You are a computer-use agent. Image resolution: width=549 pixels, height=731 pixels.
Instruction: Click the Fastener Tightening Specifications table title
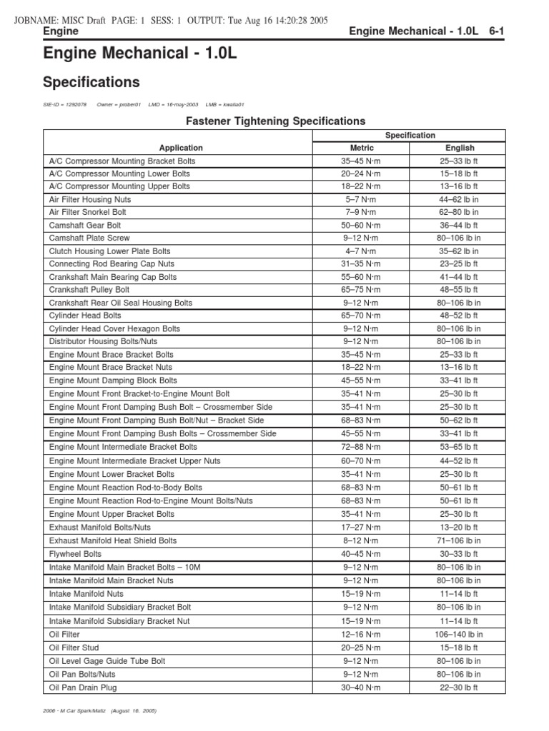[x=275, y=121]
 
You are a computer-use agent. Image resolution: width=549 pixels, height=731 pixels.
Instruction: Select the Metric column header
[x=361, y=148]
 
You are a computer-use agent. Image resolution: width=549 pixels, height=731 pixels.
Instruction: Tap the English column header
[x=460, y=148]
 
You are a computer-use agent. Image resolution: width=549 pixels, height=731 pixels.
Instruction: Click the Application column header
[x=181, y=148]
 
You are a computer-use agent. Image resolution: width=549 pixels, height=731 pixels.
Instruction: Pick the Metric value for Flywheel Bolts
[x=361, y=554]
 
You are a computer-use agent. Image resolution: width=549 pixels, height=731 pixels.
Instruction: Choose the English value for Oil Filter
[x=460, y=635]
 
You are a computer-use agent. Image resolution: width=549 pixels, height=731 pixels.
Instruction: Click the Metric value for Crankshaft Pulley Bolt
[x=361, y=290]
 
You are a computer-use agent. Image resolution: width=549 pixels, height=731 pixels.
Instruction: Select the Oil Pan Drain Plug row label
[x=83, y=687]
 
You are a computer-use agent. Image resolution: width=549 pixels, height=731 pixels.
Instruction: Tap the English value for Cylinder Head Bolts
[x=460, y=316]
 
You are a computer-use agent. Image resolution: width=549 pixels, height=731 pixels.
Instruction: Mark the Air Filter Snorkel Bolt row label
[x=89, y=213]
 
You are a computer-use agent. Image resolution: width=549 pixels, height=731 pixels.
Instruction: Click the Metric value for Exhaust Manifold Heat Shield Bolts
[x=361, y=541]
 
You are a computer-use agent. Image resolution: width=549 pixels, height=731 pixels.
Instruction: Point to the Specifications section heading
[x=91, y=82]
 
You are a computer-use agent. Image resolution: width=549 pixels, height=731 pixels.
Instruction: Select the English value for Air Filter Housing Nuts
[x=460, y=200]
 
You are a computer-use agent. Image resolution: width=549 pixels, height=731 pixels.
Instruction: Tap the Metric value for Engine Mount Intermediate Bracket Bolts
[x=361, y=447]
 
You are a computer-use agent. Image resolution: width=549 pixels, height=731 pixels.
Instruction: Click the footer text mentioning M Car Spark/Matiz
[x=99, y=712]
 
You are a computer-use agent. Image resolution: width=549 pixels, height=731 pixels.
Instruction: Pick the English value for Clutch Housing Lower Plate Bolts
[x=460, y=251]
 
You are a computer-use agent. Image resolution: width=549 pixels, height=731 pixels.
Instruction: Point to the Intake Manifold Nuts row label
[x=86, y=594]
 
